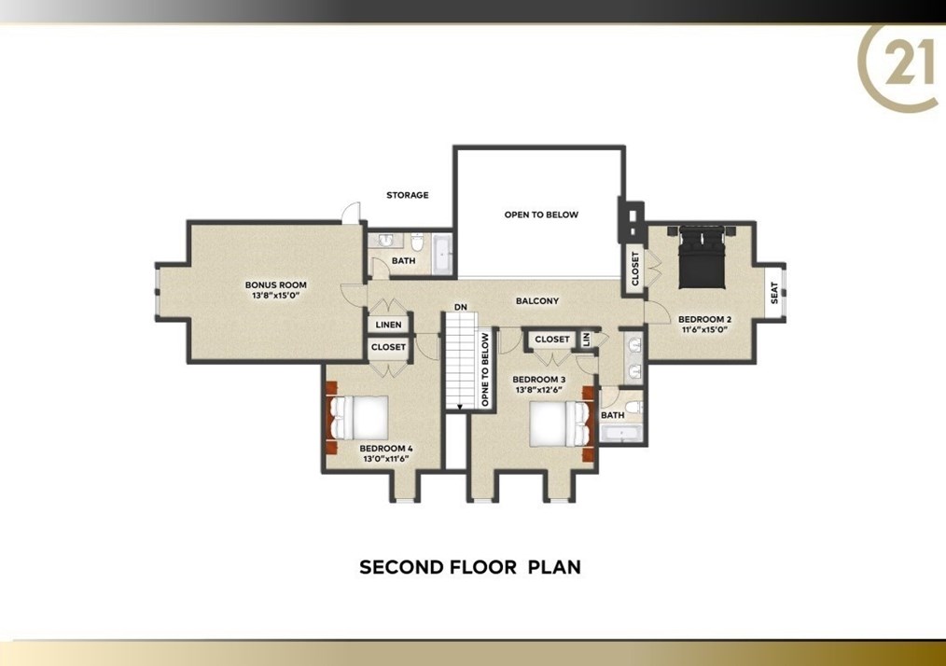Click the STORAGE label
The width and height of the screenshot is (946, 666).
(x=408, y=195)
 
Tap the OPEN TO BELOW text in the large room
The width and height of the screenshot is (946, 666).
(x=541, y=215)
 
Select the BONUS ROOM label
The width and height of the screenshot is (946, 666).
(x=276, y=284)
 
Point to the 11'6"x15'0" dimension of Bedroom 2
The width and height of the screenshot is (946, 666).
(x=704, y=330)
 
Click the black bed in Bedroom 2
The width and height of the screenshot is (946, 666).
(x=701, y=257)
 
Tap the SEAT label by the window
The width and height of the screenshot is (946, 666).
(x=774, y=293)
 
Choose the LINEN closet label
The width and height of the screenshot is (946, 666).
(x=388, y=325)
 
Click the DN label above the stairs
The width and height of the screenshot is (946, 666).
(x=461, y=307)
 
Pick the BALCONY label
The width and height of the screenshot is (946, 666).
(x=537, y=300)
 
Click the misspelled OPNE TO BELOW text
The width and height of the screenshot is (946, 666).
(x=485, y=369)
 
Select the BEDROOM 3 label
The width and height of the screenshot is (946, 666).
(x=538, y=380)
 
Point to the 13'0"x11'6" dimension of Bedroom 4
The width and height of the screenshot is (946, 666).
(x=386, y=459)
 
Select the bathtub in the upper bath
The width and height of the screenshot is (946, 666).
(x=442, y=254)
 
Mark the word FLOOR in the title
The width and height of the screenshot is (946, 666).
(x=483, y=567)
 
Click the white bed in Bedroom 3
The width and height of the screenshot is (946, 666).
(x=558, y=424)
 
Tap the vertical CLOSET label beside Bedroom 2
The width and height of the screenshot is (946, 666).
(x=634, y=269)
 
